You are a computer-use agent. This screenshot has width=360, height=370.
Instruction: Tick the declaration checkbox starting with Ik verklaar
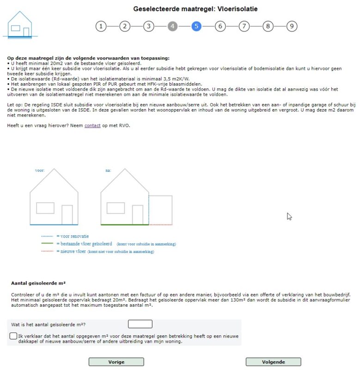13,336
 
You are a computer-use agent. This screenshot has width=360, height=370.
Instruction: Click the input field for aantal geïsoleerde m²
140,324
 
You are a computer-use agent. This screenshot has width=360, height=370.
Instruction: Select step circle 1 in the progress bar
101,26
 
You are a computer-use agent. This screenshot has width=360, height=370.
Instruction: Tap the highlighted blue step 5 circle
196,26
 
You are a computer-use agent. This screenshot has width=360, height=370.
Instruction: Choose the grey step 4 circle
172,26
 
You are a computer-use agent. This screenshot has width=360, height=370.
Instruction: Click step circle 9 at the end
291,26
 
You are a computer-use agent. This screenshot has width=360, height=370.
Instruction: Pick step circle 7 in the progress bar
244,26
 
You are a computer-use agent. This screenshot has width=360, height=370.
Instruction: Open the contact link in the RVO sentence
92,125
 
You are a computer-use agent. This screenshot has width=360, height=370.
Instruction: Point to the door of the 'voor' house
67,215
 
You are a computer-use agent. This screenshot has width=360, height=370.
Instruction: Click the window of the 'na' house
116,208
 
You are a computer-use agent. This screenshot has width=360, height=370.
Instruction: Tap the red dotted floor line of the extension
160,225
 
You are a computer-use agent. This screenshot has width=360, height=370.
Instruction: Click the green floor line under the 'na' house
124,225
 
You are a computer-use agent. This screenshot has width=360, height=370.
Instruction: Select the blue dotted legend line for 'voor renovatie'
47,236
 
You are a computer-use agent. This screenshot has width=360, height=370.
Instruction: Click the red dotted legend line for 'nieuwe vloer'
47,252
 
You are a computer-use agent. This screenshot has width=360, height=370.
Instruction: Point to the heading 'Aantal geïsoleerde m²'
40,283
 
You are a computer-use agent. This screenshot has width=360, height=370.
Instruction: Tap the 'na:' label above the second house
108,170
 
